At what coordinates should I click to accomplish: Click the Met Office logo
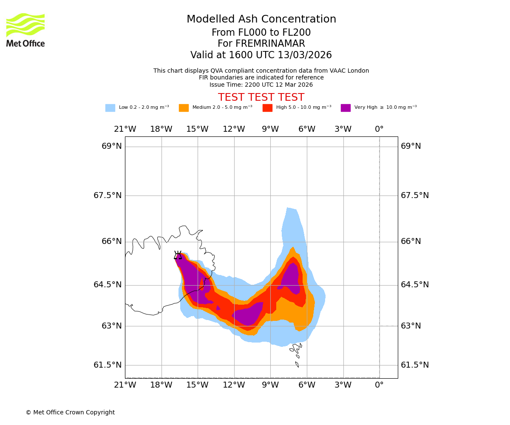click(25, 30)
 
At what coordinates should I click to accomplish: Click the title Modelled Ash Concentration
click(261, 20)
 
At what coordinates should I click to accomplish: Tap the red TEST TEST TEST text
click(261, 97)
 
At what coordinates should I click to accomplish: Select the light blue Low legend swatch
click(110, 108)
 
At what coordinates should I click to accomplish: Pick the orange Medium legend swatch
click(184, 108)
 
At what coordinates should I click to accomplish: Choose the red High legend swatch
click(267, 108)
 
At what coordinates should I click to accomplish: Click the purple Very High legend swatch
click(346, 108)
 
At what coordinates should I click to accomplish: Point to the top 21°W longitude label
click(125, 129)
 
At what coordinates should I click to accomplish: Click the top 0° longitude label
click(379, 129)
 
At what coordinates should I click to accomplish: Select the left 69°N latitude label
click(112, 146)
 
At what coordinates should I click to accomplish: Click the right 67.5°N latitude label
click(415, 195)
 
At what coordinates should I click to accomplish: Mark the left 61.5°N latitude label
click(108, 365)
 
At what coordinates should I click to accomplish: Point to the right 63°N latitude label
click(411, 326)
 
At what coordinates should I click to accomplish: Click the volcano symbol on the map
click(178, 255)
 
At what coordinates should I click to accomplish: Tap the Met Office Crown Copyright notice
click(70, 413)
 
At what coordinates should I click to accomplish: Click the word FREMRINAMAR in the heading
click(270, 44)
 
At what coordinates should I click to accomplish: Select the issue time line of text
click(261, 85)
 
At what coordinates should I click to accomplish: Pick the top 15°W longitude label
click(197, 129)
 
